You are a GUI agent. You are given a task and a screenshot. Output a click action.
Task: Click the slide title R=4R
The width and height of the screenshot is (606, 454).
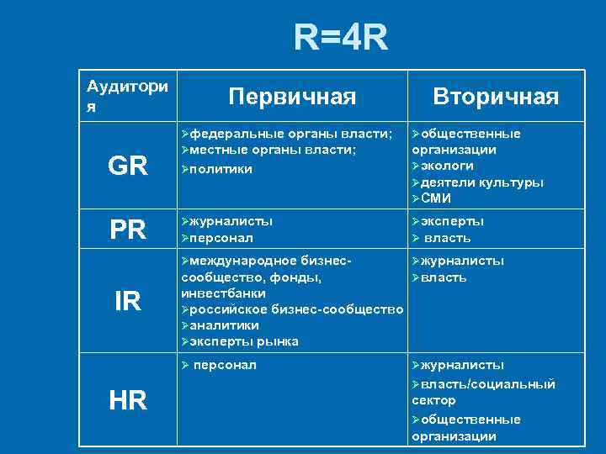tap(341, 38)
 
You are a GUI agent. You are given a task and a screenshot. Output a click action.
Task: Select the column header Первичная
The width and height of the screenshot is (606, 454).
tap(293, 97)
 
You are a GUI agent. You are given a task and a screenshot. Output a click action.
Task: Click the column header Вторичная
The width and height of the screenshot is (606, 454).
tap(495, 97)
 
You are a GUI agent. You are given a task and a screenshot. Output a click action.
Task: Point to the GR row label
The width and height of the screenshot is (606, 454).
tap(127, 166)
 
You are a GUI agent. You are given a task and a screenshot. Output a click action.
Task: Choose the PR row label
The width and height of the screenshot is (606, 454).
tap(127, 230)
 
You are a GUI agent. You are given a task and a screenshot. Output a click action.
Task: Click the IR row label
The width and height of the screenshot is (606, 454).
tap(127, 301)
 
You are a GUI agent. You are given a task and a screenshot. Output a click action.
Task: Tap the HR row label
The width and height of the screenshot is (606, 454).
tap(127, 400)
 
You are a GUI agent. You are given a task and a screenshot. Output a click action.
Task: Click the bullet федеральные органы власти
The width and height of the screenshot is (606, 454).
tap(291, 134)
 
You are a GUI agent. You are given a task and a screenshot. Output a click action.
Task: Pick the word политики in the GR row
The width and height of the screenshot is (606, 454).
tap(221, 168)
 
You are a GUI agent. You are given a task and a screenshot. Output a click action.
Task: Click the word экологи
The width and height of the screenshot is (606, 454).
tap(450, 166)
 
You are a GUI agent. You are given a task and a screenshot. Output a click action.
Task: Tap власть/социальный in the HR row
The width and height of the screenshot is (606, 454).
tap(487, 384)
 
